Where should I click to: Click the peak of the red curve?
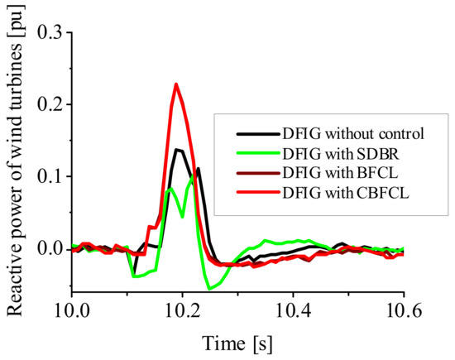(176, 84)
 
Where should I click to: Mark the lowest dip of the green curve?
(211, 289)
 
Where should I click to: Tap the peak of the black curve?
(177, 149)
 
